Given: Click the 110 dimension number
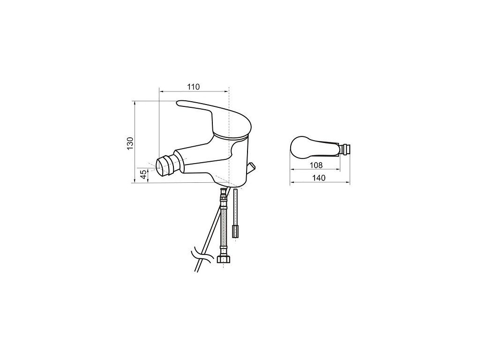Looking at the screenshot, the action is coord(194,87).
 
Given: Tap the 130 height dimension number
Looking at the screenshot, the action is coord(130,143).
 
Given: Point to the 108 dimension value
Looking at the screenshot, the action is coord(316,165).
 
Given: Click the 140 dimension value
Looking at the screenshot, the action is coord(319,178).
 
